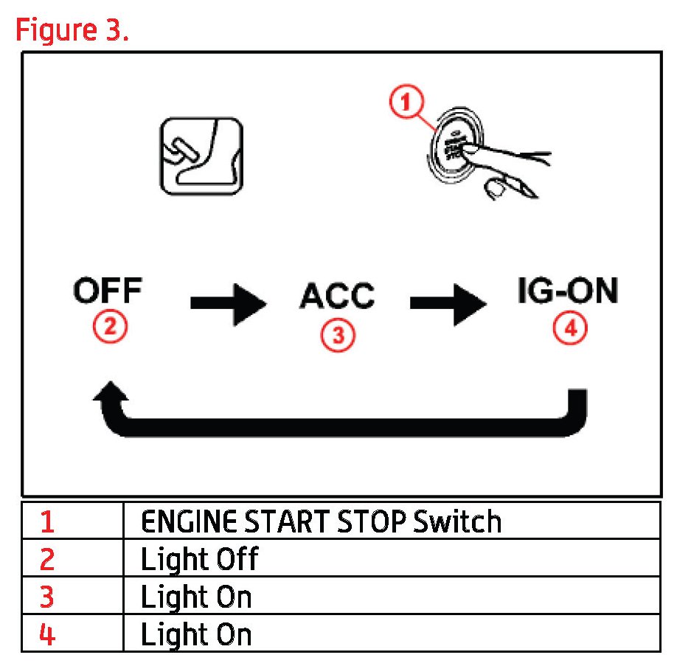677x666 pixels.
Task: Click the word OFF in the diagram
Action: tap(108, 292)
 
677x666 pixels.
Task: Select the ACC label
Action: tap(337, 296)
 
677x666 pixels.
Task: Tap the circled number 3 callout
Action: tap(337, 335)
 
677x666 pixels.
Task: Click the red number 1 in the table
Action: tap(47, 522)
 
